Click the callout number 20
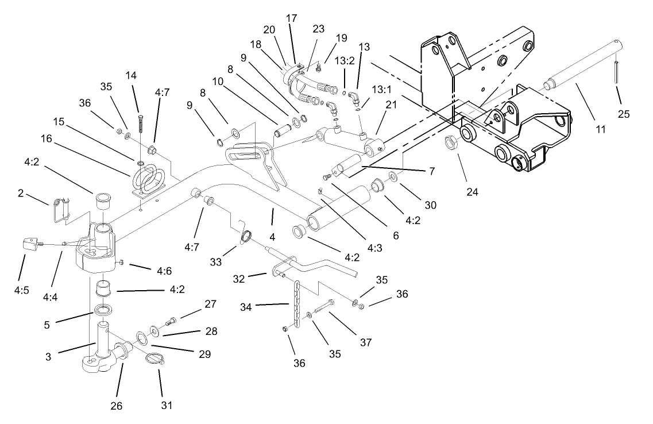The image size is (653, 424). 270,30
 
